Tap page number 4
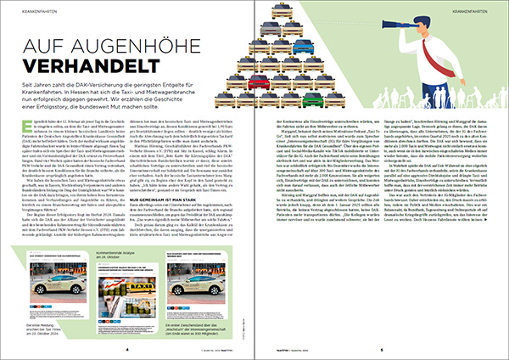(127, 348)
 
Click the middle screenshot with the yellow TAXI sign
(124, 297)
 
